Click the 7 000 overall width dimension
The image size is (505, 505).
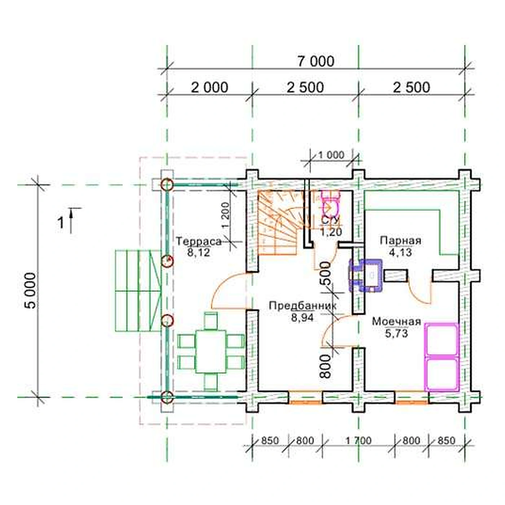316,61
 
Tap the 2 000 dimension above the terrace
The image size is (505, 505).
209,88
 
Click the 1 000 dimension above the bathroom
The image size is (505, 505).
331,155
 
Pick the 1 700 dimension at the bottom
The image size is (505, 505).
358,440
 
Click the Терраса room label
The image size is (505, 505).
199,241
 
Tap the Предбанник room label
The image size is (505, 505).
302,306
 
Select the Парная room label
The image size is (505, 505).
401,240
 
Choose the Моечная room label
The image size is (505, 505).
396,321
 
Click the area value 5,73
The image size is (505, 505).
396,333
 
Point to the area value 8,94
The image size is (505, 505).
302,318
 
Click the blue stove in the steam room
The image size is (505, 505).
366,275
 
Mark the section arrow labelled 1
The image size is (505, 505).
71,220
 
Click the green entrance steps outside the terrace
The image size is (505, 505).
138,291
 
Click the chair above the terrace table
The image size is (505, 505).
211,321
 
